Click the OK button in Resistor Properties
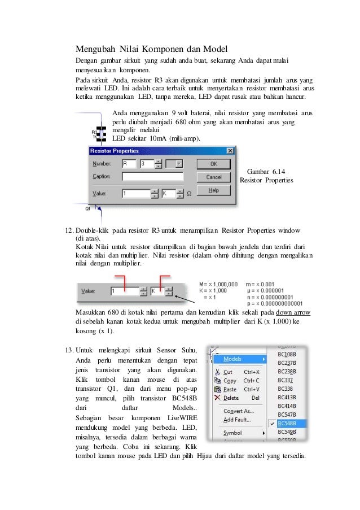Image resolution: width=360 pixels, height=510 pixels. tap(214, 164)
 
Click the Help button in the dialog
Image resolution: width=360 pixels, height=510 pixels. tap(214, 191)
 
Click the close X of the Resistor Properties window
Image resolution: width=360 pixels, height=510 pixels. tap(230, 151)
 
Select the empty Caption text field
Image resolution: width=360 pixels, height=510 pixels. tap(152, 177)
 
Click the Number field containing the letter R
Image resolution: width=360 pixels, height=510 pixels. tap(130, 164)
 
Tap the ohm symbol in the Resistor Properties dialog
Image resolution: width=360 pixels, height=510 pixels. tap(189, 193)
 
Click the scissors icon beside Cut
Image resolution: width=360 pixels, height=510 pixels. tap(217, 372)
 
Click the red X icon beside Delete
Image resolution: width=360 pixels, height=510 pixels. tap(217, 398)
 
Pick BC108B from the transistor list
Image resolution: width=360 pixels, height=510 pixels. tap(288, 355)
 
